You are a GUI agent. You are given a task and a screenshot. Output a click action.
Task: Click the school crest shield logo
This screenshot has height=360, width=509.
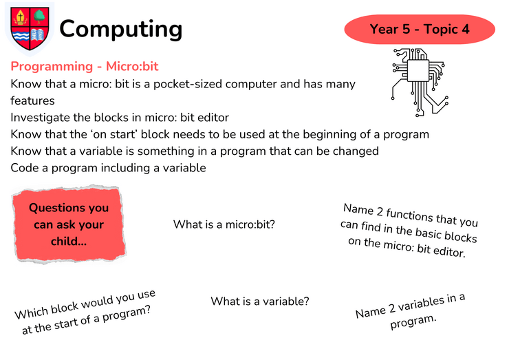[x=30, y=29]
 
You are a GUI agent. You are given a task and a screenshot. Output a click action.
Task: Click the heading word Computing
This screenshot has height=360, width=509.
[x=121, y=29]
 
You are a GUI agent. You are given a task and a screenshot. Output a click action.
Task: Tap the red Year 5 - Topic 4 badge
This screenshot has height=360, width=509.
[x=420, y=29]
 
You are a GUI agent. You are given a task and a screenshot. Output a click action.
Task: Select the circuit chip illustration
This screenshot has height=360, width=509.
[x=420, y=82]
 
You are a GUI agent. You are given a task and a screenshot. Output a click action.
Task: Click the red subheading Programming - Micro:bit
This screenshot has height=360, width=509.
[x=85, y=66]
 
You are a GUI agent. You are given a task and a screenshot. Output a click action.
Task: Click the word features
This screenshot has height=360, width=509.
[x=32, y=100]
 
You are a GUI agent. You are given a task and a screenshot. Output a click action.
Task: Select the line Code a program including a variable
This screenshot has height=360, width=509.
[x=108, y=168]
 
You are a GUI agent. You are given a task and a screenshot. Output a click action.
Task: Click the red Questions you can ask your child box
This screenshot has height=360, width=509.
[x=69, y=224]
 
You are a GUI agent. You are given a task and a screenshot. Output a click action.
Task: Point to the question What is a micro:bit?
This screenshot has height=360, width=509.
[x=224, y=224]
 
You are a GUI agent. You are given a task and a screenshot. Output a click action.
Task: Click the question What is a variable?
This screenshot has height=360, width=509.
[x=260, y=301]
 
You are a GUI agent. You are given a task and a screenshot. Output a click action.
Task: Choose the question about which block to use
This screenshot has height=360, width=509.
[x=85, y=312]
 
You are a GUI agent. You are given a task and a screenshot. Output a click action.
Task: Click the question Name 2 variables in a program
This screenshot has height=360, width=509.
[x=411, y=311]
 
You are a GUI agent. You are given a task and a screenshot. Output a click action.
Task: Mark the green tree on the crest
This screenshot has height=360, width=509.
[x=39, y=17]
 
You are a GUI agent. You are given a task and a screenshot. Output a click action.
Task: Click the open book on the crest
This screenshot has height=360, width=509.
[x=39, y=35]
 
